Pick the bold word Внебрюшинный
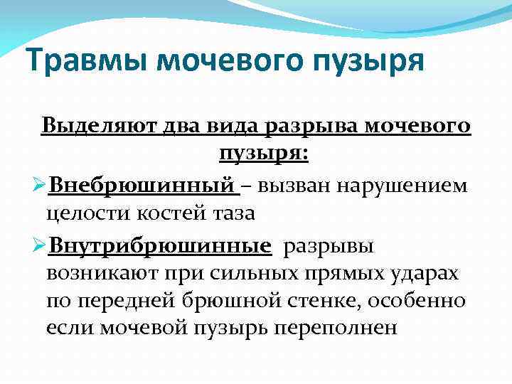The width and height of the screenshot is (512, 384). (142, 186)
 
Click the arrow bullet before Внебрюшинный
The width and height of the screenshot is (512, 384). (38, 186)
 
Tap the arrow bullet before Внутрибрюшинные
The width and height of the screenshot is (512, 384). (38, 247)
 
